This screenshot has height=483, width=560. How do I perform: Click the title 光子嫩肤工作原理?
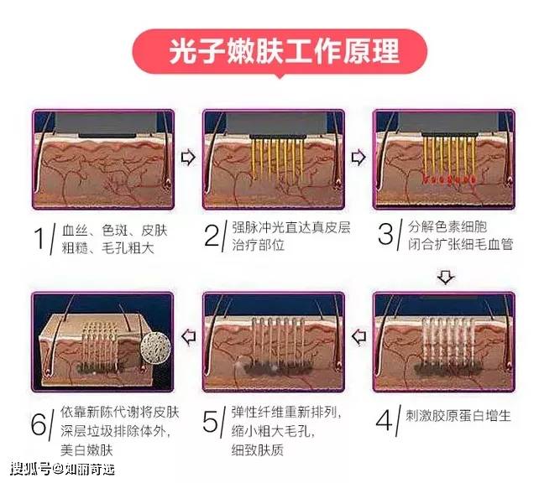(x=284, y=51)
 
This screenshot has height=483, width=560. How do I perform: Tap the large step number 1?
(x=39, y=238)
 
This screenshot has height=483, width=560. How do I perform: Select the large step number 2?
(x=212, y=235)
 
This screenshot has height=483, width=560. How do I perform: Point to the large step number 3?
(x=385, y=234)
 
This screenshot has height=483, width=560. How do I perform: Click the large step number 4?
(x=385, y=420)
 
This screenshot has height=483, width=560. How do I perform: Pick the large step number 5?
(x=210, y=421)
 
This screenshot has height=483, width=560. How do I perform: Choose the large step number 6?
(x=39, y=424)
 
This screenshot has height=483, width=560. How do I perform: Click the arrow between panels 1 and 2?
(x=188, y=158)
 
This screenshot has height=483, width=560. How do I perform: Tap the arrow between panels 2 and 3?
(x=359, y=158)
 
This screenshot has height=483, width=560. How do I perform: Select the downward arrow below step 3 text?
(x=446, y=278)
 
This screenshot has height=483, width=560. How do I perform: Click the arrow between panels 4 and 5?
(x=359, y=336)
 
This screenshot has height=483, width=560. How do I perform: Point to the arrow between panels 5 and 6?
(x=188, y=336)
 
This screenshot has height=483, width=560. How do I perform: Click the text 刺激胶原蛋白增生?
(x=458, y=416)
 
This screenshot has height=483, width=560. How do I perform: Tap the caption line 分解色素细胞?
(x=447, y=227)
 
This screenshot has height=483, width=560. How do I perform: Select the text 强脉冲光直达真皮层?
(x=291, y=227)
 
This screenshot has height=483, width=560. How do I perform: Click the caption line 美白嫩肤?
(x=86, y=449)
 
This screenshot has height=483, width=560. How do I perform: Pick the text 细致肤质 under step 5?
(x=257, y=450)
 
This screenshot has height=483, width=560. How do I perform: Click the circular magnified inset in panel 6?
(x=155, y=346)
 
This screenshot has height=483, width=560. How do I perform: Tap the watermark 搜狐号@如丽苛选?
(x=62, y=469)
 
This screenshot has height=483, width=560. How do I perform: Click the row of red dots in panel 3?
(x=449, y=179)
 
